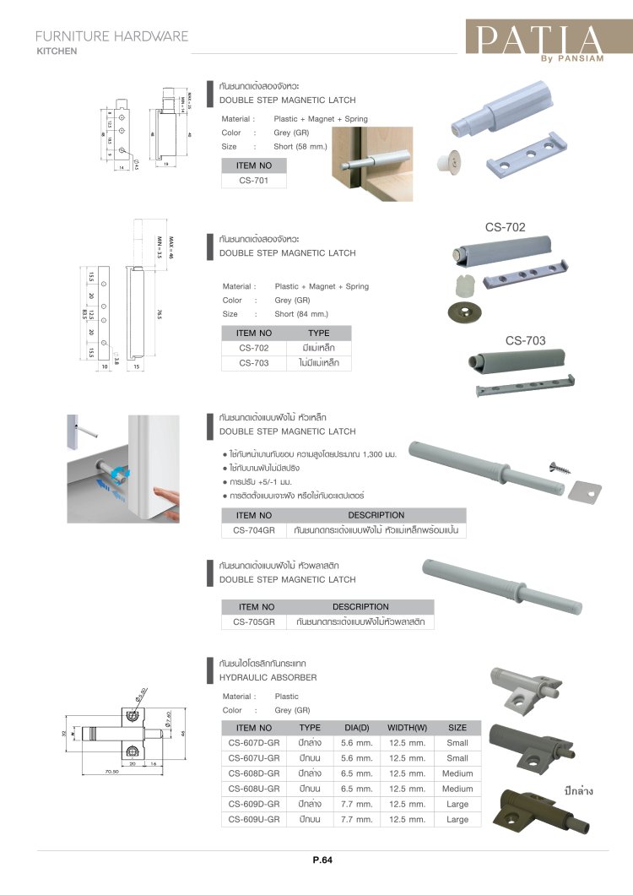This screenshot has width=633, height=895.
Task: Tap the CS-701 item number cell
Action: click(x=253, y=179)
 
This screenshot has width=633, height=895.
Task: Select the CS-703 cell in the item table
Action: click(x=253, y=363)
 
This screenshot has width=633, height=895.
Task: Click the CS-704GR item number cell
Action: click(x=253, y=530)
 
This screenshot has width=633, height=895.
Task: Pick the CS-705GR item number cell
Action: click(x=257, y=622)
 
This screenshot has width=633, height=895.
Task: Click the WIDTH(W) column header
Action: click(x=407, y=727)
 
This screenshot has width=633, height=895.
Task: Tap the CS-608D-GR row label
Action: click(x=253, y=773)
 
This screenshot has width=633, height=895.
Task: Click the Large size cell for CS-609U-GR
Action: click(x=457, y=819)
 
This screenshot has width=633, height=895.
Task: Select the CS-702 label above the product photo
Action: click(x=506, y=227)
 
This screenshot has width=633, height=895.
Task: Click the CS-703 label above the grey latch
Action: click(x=526, y=341)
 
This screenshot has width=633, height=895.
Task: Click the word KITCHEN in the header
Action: click(x=57, y=51)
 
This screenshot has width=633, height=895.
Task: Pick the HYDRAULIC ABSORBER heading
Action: click(x=268, y=677)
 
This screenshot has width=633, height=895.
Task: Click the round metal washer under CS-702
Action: click(x=463, y=312)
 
